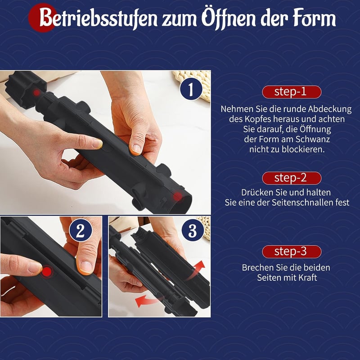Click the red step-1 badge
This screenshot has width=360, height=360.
pyautogui.click(x=292, y=92)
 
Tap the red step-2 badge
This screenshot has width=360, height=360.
pyautogui.click(x=292, y=178)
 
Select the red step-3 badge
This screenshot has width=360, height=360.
pyautogui.click(x=292, y=252)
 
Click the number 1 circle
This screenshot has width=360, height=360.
pyautogui.click(x=191, y=89)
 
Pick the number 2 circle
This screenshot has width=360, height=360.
pyautogui.click(x=81, y=230)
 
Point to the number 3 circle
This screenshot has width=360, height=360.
pyautogui.click(x=193, y=230)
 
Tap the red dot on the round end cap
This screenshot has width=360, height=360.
pyautogui.click(x=36, y=93)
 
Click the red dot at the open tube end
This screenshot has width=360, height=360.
pyautogui.click(x=177, y=197)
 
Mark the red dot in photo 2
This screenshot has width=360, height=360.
pyautogui.click(x=47, y=272)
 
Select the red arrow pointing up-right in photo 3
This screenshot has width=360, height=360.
pyautogui.click(x=196, y=270)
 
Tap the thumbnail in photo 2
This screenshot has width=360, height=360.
pyautogui.click(x=86, y=267)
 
